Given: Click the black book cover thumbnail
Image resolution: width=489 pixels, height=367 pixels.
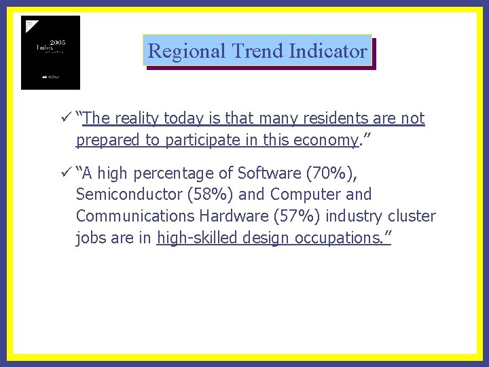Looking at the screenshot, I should pyautogui.click(x=50, y=52).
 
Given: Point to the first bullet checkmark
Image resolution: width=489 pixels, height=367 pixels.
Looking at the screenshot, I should pyautogui.click(x=65, y=118).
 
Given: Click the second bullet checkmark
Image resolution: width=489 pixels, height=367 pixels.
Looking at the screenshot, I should pyautogui.click(x=65, y=173).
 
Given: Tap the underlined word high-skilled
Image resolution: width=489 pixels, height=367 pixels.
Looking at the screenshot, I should pyautogui.click(x=196, y=239).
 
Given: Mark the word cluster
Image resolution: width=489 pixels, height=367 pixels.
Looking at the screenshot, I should pyautogui.click(x=412, y=217).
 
